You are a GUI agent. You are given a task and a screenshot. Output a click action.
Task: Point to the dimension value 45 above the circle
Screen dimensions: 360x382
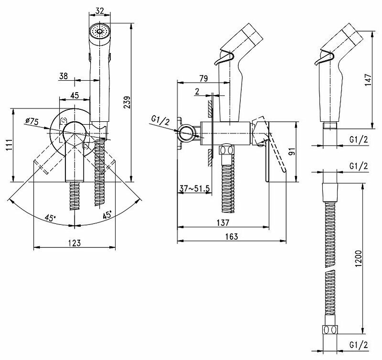(74, 95)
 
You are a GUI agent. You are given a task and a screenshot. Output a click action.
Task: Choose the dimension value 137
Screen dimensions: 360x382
(223, 222)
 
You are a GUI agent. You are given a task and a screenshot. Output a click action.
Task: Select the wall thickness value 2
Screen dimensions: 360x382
(198, 92)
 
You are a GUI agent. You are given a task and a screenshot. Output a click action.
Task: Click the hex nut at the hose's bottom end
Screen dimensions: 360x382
(329, 330)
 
